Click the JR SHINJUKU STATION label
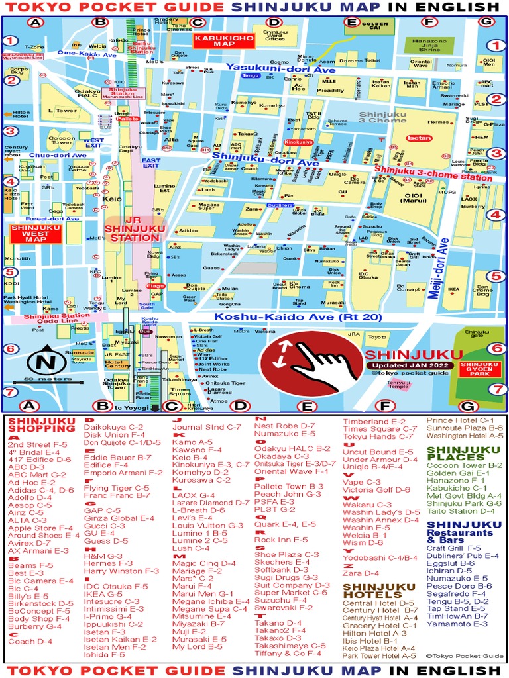coord(135,228)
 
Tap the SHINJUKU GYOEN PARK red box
coord(479,368)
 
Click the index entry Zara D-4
coord(361,573)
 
